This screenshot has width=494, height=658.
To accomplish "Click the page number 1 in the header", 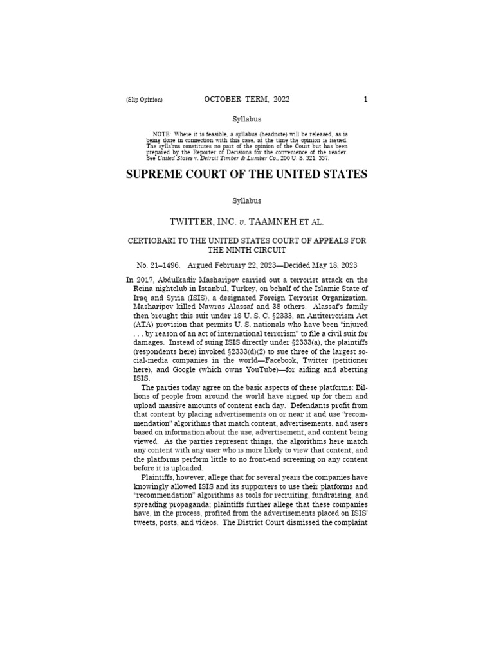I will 365,100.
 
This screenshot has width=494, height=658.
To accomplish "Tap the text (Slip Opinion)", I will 145,100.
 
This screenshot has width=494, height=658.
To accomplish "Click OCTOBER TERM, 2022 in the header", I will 247,99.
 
